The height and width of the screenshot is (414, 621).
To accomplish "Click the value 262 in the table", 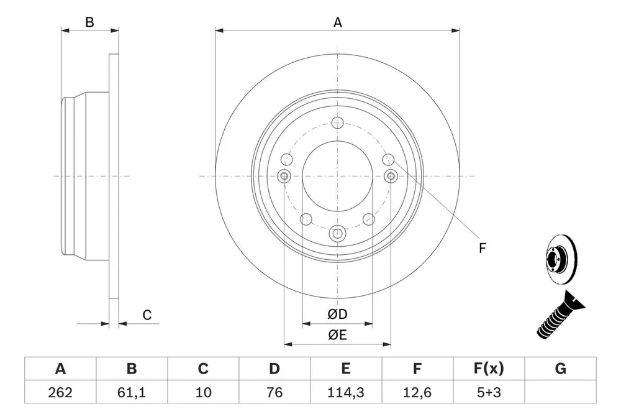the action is coord(60,392).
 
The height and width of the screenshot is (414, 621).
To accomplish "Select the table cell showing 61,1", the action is coord(132,392).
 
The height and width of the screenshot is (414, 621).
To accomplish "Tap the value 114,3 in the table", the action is coord(346,392).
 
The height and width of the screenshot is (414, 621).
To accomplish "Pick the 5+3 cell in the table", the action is coord(489,392).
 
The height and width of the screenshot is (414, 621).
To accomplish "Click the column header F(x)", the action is coord(489,369).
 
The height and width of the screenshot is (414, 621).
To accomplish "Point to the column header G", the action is coord(560,369).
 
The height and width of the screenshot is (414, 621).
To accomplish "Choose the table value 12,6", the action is coord(417,392).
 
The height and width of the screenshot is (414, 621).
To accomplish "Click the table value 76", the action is coord(274,392).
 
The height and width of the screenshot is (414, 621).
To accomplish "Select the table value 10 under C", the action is coord(203,392).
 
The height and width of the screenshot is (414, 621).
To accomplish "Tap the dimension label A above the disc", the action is coord(337,22).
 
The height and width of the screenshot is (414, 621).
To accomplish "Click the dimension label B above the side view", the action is coord(89,22).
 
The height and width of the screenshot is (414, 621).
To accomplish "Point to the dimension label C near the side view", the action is coord(147,315).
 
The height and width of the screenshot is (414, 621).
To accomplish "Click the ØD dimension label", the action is coord(337,314).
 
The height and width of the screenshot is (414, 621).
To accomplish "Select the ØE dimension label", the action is coord(337,335).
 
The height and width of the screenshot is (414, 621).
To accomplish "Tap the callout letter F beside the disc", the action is coord(482,248).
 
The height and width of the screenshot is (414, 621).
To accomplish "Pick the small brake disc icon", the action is coord(561,260).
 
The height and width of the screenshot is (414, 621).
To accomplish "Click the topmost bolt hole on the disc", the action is coord(337,123).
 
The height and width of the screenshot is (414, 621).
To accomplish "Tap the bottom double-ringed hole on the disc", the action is coord(337,233).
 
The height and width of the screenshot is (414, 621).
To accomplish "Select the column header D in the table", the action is coord(274,369).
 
